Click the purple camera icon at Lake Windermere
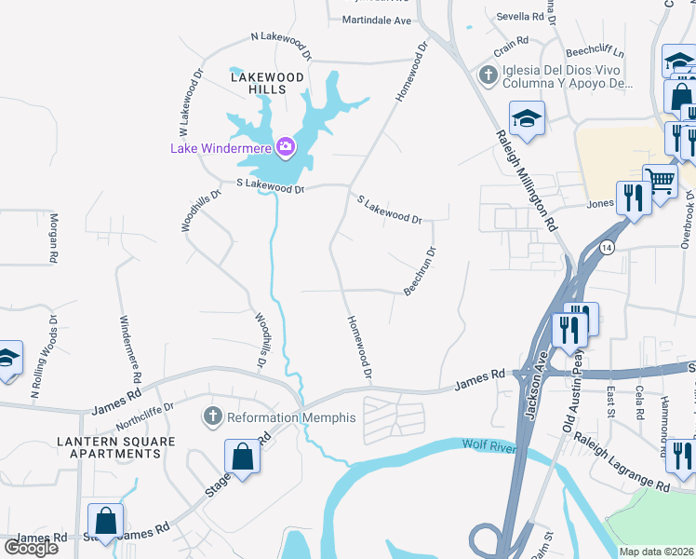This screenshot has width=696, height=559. click(285, 146)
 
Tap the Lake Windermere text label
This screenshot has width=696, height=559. click(220, 147)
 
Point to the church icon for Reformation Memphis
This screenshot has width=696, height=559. click(213, 417)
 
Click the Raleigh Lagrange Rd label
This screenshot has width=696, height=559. click(621, 460)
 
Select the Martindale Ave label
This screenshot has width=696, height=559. click(376, 20)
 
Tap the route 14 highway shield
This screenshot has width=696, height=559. click(607, 247)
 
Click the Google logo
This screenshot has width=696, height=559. click(31, 547)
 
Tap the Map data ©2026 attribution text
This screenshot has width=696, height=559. click(656, 552)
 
